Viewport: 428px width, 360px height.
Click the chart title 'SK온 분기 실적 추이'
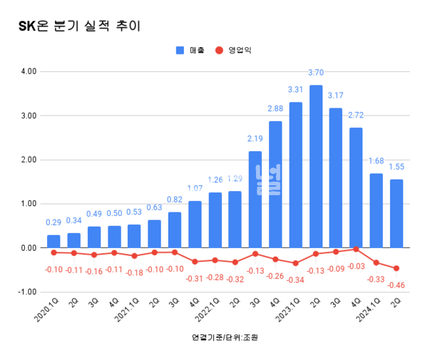click(79, 26)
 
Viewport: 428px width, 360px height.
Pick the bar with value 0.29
click(53, 242)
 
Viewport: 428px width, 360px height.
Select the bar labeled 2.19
click(255, 200)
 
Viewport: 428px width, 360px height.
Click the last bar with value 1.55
click(396, 214)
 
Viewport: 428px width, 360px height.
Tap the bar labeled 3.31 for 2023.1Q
click(295, 175)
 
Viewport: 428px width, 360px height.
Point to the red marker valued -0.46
click(396, 268)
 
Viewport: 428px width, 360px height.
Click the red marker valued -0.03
click(356, 250)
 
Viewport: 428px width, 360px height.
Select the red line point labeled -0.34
click(295, 263)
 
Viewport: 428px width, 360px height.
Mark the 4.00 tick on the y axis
click(28, 71)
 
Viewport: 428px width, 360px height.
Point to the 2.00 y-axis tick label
click(28, 160)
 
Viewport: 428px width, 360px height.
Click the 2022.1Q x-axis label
click(208, 312)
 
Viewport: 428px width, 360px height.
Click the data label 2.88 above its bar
click(275, 108)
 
